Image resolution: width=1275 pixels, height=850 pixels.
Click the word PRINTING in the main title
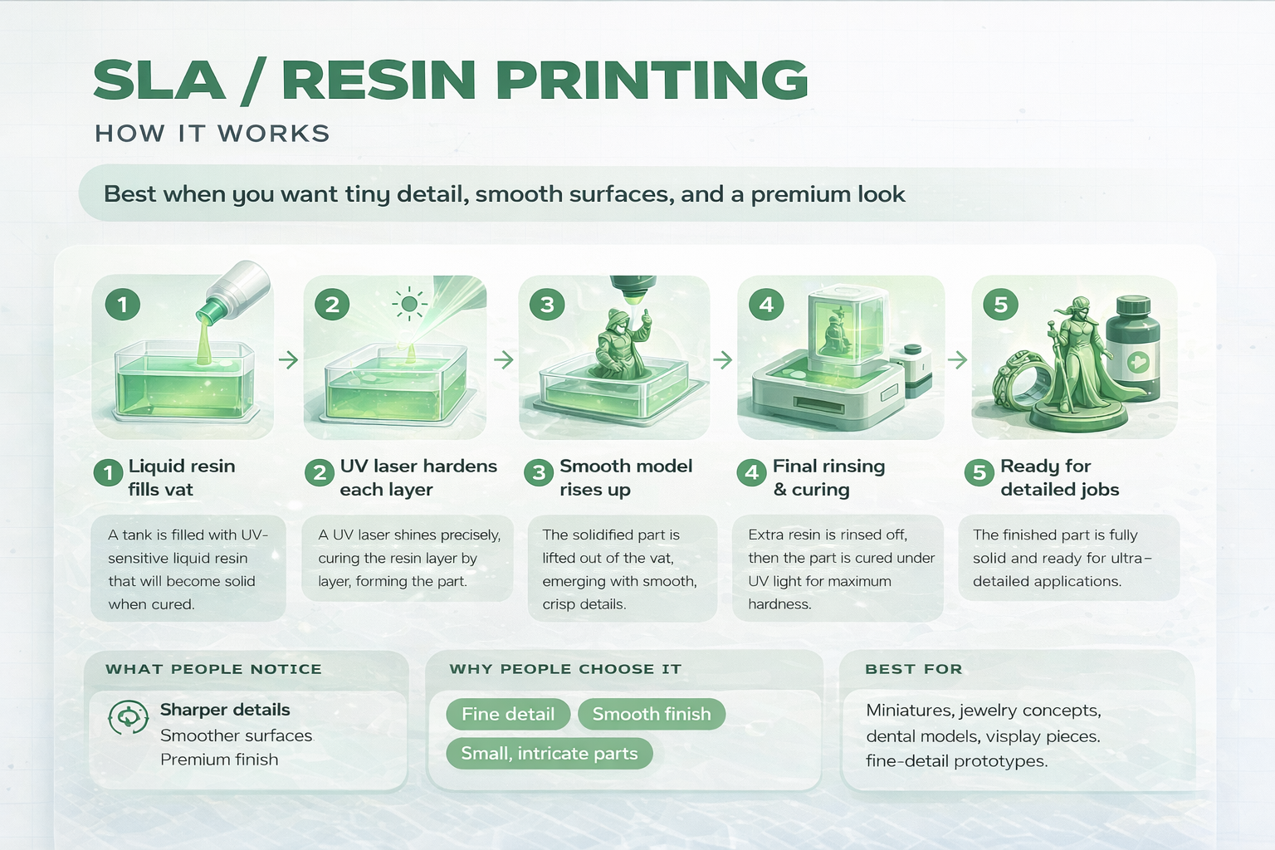(652, 81)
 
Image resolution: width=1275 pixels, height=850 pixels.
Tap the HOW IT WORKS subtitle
(212, 134)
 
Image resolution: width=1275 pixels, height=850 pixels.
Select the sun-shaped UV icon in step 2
(408, 305)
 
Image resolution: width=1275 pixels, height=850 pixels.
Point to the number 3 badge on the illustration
(547, 305)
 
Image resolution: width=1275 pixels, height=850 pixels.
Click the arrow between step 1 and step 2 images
(288, 359)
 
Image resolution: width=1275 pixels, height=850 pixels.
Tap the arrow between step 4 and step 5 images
(957, 359)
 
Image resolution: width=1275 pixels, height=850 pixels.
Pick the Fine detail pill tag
(508, 714)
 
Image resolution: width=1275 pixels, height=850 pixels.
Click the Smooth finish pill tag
(652, 714)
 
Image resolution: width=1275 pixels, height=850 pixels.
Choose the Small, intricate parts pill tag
(550, 754)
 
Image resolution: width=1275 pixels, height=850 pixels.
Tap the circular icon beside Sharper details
(128, 717)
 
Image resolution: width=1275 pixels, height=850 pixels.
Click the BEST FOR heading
(913, 669)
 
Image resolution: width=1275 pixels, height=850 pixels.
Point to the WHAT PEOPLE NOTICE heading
(213, 669)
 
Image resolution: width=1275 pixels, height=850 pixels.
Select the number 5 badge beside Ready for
(979, 472)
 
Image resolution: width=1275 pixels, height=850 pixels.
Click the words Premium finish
(219, 760)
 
